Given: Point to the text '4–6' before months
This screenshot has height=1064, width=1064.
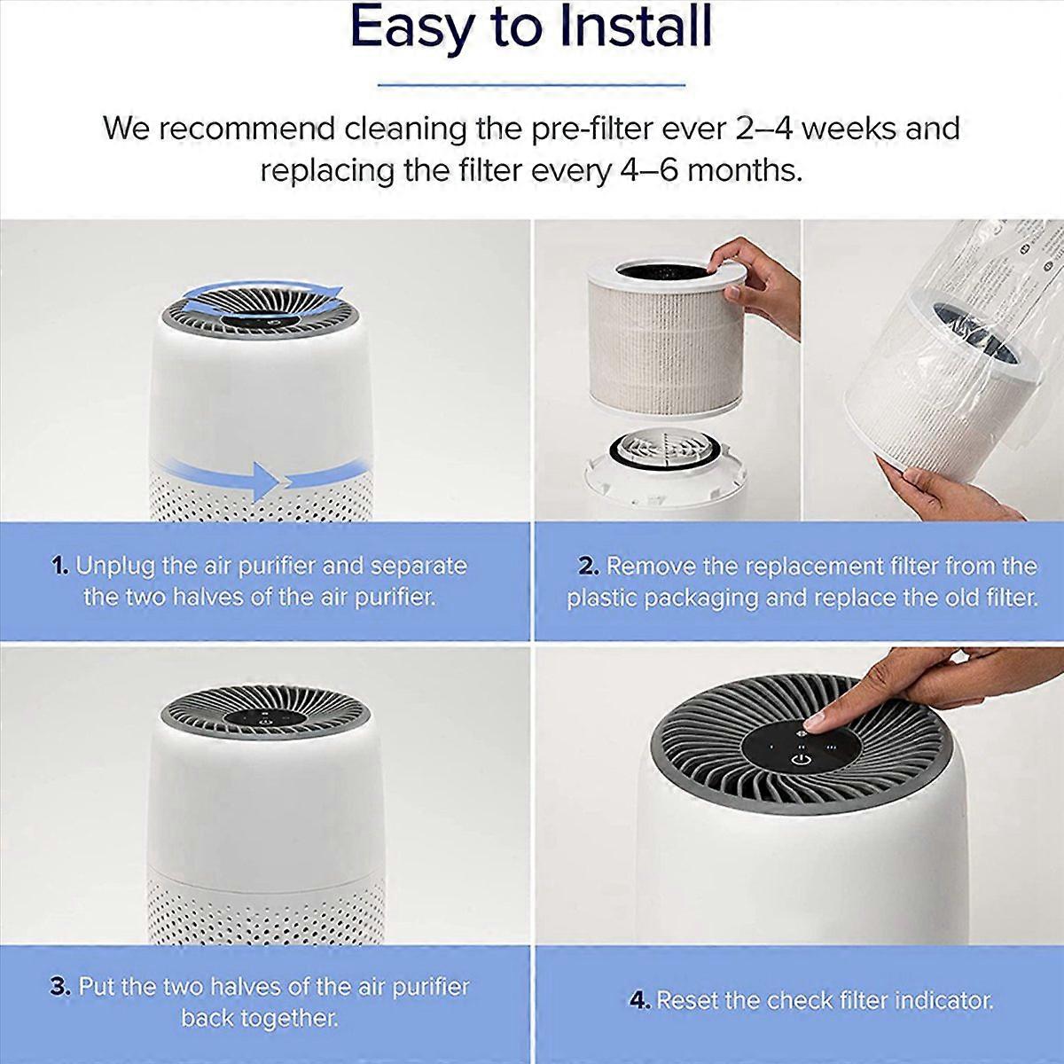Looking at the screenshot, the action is tap(648, 171).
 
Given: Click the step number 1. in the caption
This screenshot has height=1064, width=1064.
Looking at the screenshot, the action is tap(60, 567).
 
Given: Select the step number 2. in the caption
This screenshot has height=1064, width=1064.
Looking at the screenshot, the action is tap(589, 567).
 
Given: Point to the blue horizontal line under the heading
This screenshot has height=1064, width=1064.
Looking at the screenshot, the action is tap(532, 85).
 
